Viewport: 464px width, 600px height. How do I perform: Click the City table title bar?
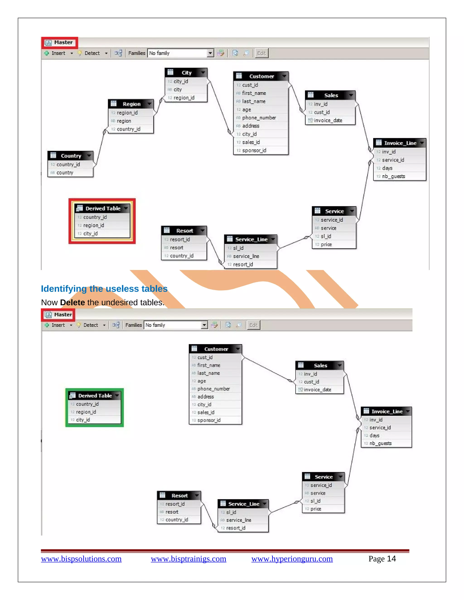[186, 72]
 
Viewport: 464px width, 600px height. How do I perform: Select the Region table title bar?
[131, 104]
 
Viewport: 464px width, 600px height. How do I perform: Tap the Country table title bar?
[71, 156]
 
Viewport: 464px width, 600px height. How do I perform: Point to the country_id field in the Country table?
[68, 165]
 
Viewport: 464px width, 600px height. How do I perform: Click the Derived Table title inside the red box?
[103, 209]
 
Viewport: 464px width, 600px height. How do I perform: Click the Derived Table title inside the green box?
[95, 396]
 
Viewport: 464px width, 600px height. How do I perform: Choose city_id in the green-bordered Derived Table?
[83, 420]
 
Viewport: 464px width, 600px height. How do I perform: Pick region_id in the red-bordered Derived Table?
[94, 226]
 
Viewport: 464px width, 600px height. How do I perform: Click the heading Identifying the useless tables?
[104, 289]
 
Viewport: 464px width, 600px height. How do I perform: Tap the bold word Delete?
[72, 302]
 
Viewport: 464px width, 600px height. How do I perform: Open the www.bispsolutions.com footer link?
[81, 559]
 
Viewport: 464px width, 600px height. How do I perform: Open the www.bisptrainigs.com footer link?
[188, 559]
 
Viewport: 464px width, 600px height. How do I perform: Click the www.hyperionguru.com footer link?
[292, 559]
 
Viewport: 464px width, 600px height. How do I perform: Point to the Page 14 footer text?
[382, 559]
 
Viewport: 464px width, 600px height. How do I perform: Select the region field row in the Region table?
[124, 121]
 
